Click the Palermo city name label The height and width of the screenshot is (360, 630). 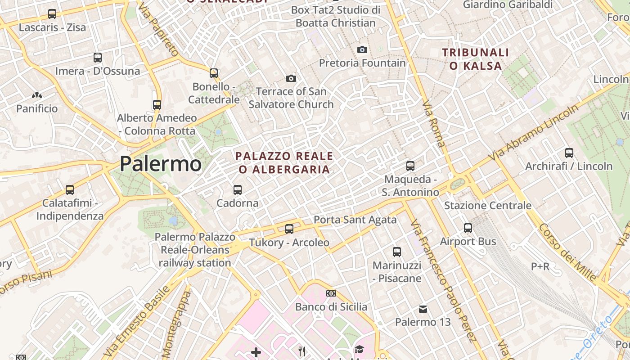(161, 164)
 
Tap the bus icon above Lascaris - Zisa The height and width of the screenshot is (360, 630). (52, 14)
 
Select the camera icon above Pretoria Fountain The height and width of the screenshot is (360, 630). (362, 49)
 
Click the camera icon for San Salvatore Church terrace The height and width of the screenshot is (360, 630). (291, 79)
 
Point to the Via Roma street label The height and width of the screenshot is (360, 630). (434, 124)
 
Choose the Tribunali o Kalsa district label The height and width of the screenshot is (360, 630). (475, 59)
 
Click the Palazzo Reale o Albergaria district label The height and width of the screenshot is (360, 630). (284, 163)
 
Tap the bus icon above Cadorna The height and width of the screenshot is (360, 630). (238, 190)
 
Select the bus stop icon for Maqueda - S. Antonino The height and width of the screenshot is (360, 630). (410, 166)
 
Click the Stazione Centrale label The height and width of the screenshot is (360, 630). (488, 206)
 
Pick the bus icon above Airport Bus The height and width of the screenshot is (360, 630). (468, 228)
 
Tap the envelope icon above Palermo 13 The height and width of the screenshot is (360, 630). (423, 309)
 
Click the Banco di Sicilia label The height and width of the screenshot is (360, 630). (331, 307)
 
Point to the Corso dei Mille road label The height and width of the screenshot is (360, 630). (567, 252)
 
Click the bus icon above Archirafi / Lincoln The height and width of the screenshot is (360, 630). (569, 153)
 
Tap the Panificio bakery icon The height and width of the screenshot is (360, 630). (37, 96)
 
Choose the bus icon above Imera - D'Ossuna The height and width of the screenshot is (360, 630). (98, 58)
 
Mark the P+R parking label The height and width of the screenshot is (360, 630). (540, 266)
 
